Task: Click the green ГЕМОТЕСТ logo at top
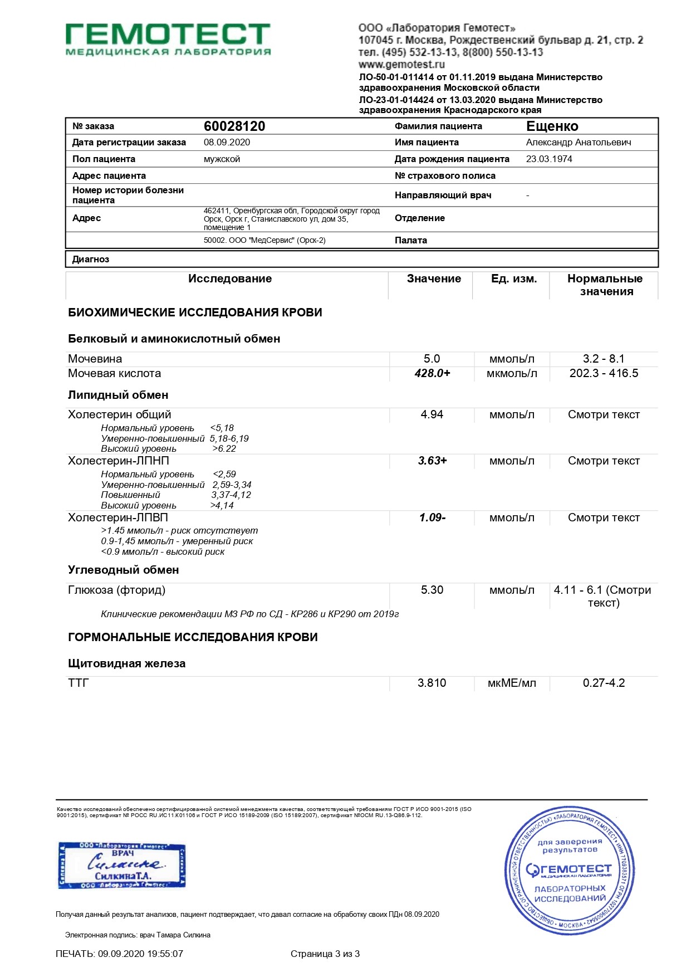click(168, 39)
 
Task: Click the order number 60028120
click(234, 126)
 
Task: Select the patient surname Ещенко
click(552, 126)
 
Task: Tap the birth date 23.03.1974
click(548, 159)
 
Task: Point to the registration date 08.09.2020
click(227, 142)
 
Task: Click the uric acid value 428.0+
click(432, 373)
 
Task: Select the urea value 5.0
click(432, 359)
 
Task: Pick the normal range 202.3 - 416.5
click(604, 373)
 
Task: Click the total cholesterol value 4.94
click(432, 414)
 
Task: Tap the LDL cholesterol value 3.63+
click(432, 461)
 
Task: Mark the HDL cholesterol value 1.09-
click(432, 517)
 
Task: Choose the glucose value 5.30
click(432, 590)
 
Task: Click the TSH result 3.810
click(432, 683)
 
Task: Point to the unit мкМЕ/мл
click(512, 683)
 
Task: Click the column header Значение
click(434, 279)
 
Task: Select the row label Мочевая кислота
click(114, 373)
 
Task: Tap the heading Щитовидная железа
click(126, 663)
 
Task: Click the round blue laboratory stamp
click(569, 871)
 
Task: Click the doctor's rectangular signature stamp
click(122, 866)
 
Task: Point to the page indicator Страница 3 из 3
click(325, 954)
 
